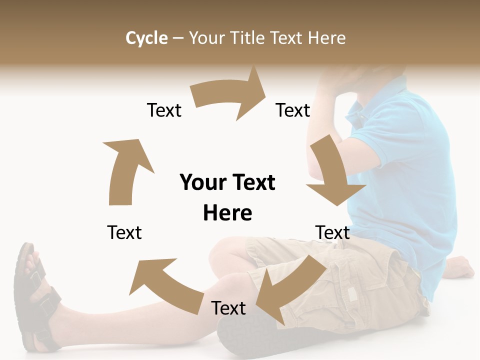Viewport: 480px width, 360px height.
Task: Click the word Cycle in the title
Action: point(146,38)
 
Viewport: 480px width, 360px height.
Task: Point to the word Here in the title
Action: point(327,38)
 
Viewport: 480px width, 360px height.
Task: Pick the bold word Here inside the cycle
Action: point(227,213)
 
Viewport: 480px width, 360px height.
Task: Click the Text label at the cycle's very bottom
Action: point(228,308)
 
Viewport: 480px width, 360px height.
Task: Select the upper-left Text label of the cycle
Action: point(164,110)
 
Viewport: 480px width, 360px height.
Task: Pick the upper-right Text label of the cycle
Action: point(293,110)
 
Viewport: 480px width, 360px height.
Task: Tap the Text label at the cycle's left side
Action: point(124,232)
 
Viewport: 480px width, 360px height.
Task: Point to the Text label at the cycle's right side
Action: point(332,232)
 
